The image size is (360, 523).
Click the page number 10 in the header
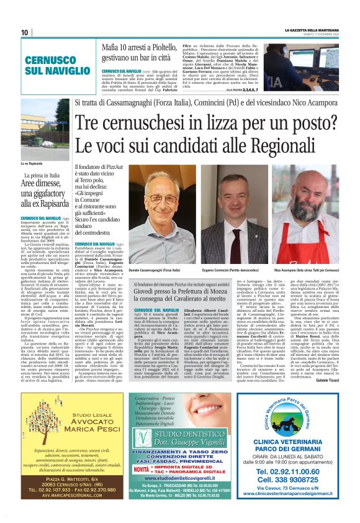coord(24,32)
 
